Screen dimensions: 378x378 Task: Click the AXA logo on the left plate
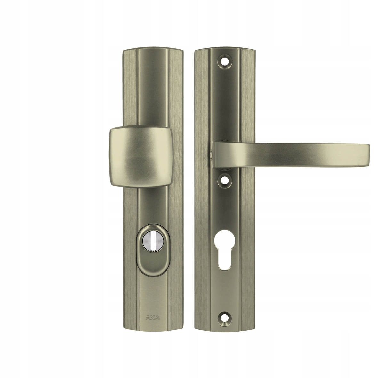point(153,318)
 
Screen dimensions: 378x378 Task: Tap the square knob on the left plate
point(141,157)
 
